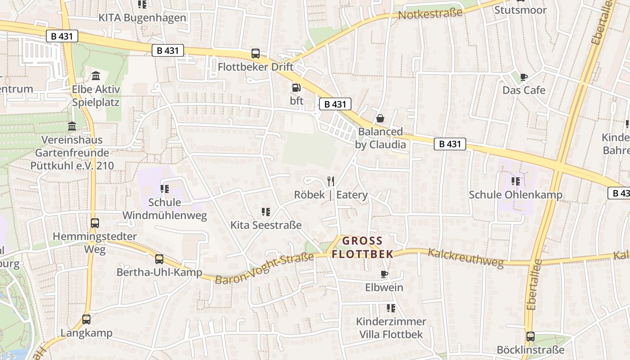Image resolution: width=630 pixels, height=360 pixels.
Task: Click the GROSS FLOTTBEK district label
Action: coord(362,247)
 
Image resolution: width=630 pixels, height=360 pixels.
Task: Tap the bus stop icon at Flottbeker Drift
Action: coord(256,54)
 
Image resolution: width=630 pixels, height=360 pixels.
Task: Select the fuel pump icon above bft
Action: coord(296,88)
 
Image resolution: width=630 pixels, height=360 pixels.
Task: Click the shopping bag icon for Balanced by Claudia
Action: coord(380,118)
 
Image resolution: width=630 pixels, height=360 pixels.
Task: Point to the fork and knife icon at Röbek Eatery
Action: coord(331,181)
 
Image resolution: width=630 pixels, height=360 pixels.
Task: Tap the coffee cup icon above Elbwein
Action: coord(384,274)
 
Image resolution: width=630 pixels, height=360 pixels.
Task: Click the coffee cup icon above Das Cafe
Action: coord(524,77)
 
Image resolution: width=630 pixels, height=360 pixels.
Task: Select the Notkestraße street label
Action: coord(430,13)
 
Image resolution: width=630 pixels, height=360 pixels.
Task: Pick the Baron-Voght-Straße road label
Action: coord(264,269)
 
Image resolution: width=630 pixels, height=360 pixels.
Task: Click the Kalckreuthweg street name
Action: coord(465,258)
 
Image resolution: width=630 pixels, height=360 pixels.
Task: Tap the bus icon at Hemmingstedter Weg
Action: coord(95,223)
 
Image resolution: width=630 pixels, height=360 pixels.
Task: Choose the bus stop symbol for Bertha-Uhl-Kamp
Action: coord(159,259)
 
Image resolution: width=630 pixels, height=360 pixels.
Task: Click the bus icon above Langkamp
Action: coord(86,319)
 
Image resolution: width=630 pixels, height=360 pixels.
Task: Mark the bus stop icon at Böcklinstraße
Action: coord(531,337)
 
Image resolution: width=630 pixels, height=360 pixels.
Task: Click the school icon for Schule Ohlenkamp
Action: coord(515,181)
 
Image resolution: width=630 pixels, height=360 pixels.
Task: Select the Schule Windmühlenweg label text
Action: coord(165,209)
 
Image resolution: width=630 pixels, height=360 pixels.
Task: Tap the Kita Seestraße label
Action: coord(266,225)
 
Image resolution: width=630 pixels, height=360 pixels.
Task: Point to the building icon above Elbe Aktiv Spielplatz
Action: coord(96,76)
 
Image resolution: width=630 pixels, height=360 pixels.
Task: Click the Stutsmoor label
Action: coord(521,10)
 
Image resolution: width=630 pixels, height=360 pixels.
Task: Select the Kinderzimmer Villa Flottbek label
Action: coord(391,328)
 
